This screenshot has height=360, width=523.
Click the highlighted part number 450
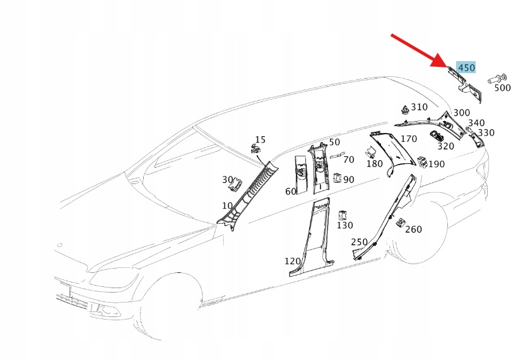[x=466, y=67]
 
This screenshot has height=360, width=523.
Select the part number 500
[x=502, y=88]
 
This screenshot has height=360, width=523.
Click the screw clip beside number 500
[x=497, y=79]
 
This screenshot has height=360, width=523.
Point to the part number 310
[x=419, y=107]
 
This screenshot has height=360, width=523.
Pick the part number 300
[x=461, y=113]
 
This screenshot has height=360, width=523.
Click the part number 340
[x=476, y=123]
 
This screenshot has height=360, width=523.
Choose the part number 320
[x=445, y=146]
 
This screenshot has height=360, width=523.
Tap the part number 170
[x=408, y=139]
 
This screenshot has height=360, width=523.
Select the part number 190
[x=436, y=164]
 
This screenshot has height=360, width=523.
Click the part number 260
[x=413, y=229]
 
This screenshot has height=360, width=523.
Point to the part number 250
[x=359, y=242]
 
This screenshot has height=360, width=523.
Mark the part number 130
[x=344, y=225]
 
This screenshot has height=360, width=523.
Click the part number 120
[x=292, y=261]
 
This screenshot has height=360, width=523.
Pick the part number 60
[x=290, y=191]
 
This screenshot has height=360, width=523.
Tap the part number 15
[x=260, y=139]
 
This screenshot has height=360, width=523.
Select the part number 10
[x=227, y=206]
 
